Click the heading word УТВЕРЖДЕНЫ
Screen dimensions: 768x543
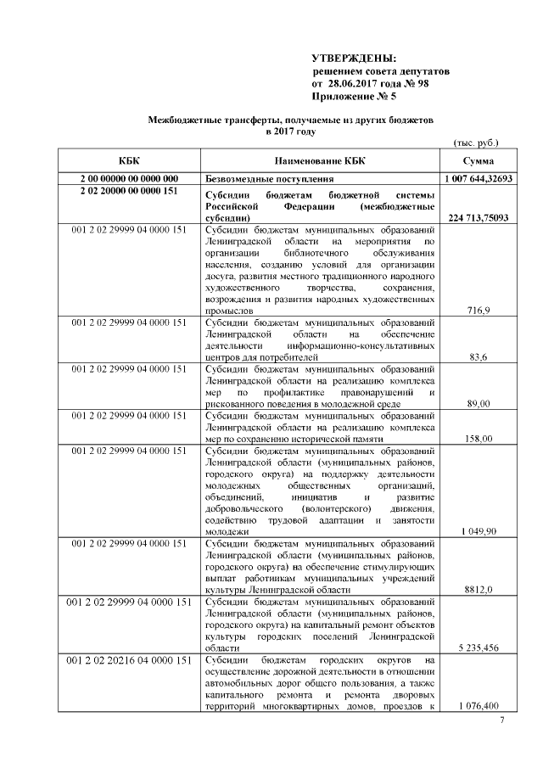pos(354,58)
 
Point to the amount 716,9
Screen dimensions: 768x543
pos(479,311)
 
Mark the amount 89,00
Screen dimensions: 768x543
pos(479,404)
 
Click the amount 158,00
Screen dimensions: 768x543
pos(479,439)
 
